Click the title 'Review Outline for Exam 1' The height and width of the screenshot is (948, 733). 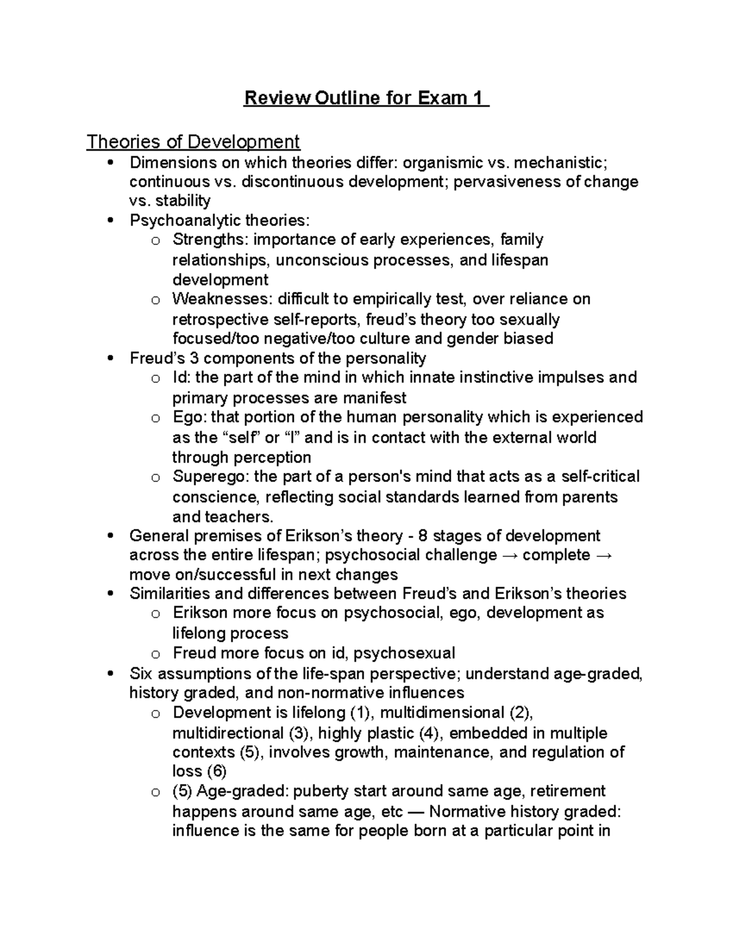(x=366, y=98)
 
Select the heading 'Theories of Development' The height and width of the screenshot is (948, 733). (x=193, y=142)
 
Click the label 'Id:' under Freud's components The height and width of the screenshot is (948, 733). (x=181, y=378)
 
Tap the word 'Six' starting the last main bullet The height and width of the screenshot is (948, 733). (x=142, y=673)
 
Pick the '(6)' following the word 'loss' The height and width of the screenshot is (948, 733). (x=216, y=771)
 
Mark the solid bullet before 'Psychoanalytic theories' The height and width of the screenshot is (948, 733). (x=110, y=220)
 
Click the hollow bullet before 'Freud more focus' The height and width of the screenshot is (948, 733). (x=156, y=654)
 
